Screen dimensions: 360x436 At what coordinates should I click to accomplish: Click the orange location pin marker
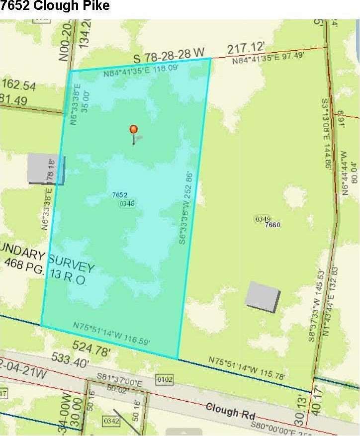[133, 130]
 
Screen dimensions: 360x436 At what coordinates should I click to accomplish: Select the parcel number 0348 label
[127, 203]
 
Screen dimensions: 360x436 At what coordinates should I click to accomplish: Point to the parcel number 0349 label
[262, 218]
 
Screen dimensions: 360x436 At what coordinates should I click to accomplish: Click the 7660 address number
[273, 225]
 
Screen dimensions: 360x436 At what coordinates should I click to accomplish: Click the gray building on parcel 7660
[263, 297]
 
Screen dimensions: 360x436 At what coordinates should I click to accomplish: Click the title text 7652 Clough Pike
[55, 6]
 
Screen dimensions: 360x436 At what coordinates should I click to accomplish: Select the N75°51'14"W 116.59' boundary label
[111, 333]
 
